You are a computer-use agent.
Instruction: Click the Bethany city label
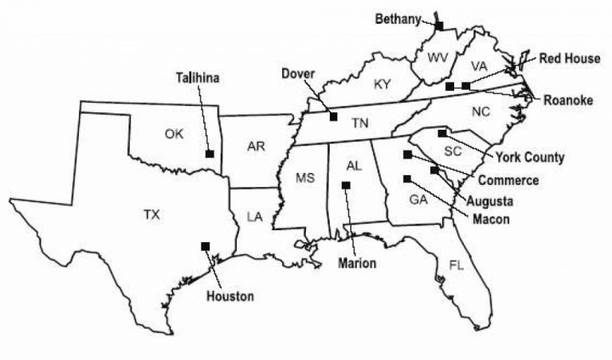coord(398,20)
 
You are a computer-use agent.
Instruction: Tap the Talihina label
coord(197,77)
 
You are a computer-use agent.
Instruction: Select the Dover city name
coord(299,74)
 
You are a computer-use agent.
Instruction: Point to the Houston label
coord(230,296)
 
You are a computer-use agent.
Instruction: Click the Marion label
coord(356,263)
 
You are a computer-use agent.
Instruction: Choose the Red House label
coord(571,58)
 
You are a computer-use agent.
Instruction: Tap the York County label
coord(530,157)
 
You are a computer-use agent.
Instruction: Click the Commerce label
coord(508,180)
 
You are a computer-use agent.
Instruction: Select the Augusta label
coord(490,200)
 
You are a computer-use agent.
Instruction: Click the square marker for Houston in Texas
coord(206,245)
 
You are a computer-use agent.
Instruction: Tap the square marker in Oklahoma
coord(209,153)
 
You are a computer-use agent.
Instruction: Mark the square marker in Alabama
coord(346,186)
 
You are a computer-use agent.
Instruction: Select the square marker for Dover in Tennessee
coord(333,117)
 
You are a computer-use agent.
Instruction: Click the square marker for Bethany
coord(439,26)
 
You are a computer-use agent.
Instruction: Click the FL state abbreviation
coord(456,264)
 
